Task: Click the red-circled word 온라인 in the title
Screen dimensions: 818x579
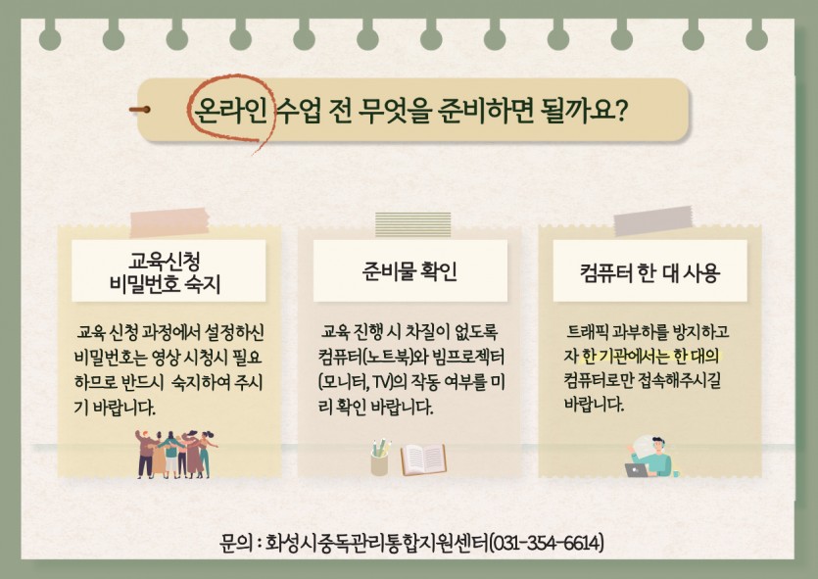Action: (x=231, y=111)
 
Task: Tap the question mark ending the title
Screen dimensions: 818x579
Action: (x=620, y=110)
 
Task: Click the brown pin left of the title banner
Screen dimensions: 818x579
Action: (x=140, y=110)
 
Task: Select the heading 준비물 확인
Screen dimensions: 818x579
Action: (x=409, y=271)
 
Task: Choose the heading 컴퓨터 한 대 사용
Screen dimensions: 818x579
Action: (x=650, y=271)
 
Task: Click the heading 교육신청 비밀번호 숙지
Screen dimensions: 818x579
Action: (x=166, y=271)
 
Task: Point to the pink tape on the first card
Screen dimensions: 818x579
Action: (x=169, y=221)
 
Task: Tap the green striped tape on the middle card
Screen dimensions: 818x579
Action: (x=412, y=224)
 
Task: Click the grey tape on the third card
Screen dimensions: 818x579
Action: (x=653, y=220)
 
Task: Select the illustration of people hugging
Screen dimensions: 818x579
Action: (x=175, y=454)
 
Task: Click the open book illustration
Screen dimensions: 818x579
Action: (x=423, y=459)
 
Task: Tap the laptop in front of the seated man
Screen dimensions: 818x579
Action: (x=637, y=470)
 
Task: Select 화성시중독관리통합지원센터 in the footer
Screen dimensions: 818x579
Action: (x=377, y=543)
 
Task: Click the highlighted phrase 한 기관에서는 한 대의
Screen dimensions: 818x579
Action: (x=650, y=357)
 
